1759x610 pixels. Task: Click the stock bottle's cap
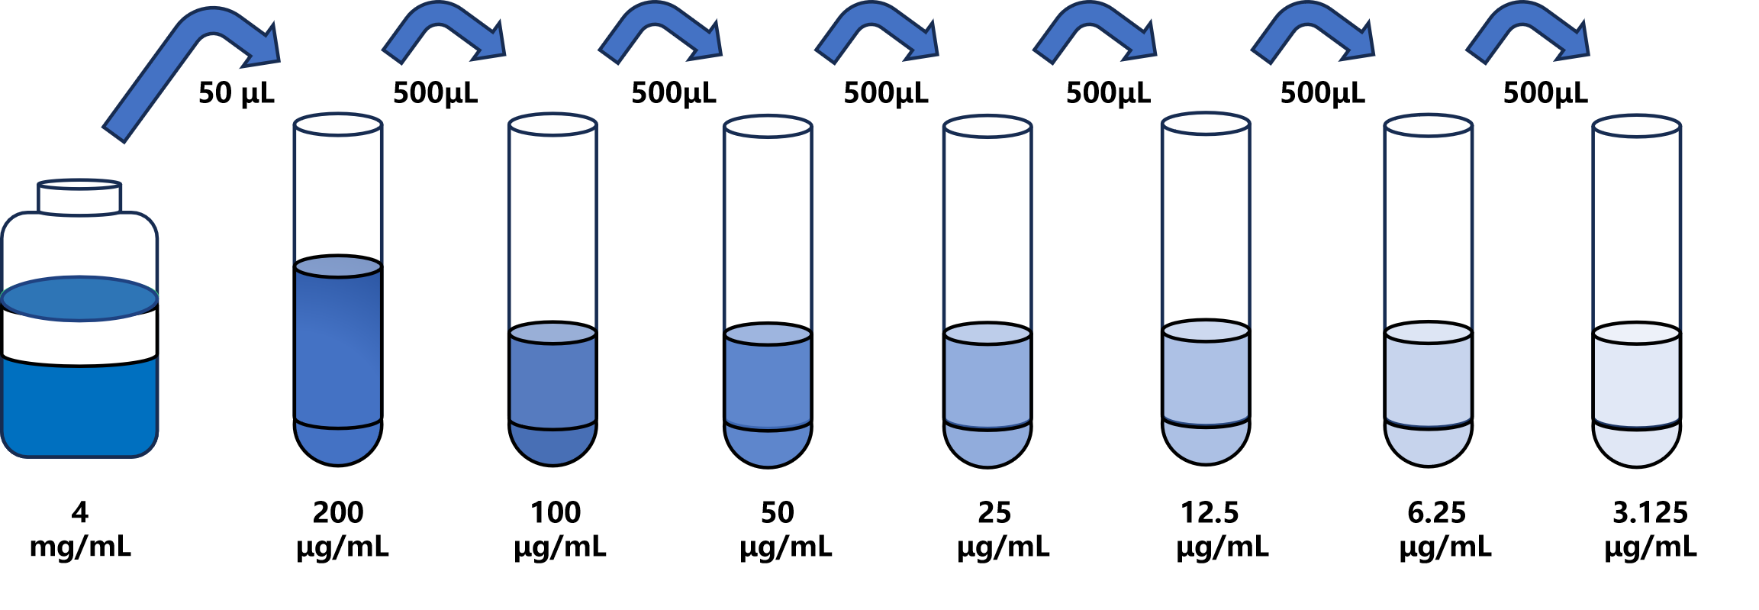pos(79,197)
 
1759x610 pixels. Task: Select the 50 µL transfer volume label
pos(236,93)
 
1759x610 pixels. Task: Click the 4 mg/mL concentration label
pos(80,529)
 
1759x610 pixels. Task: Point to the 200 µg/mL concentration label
pos(341,529)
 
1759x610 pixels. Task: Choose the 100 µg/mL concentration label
pos(559,529)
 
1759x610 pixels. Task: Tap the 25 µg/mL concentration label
pos(1003,529)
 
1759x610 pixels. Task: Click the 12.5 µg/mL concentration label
pos(1221,529)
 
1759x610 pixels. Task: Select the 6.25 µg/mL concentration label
pos(1444,529)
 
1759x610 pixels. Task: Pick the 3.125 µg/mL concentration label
pos(1650,529)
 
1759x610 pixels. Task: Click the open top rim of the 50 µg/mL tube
pos(768,127)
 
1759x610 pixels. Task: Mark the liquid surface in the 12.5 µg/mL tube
pos(1206,331)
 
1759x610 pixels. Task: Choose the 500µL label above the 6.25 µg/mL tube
pos(1322,93)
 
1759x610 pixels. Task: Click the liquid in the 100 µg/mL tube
pos(553,393)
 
